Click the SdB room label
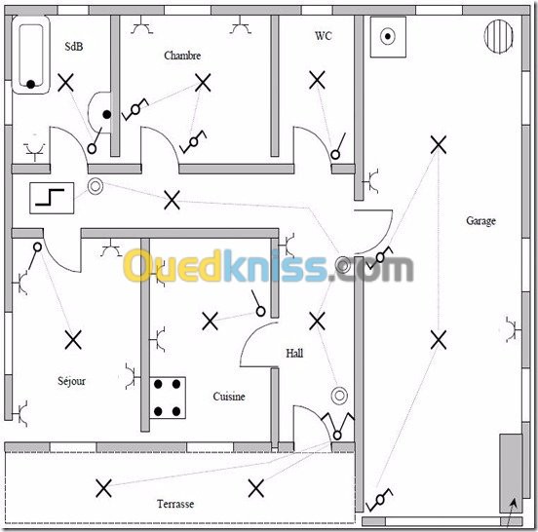point(74,47)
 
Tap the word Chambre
point(182,56)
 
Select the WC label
point(324,36)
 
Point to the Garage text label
point(480,221)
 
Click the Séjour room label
point(71,381)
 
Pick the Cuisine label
point(229,397)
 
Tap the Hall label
point(294,354)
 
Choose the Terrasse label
point(175,504)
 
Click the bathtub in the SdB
point(31,55)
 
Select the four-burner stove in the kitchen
point(168,398)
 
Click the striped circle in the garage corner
point(499,36)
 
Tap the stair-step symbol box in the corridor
point(52,198)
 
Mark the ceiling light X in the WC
point(317,80)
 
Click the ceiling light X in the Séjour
point(73,340)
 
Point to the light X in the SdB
point(65,83)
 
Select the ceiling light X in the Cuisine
point(210,322)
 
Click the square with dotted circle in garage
point(388,37)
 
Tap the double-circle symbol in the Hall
point(339,396)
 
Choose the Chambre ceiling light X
point(203,83)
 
